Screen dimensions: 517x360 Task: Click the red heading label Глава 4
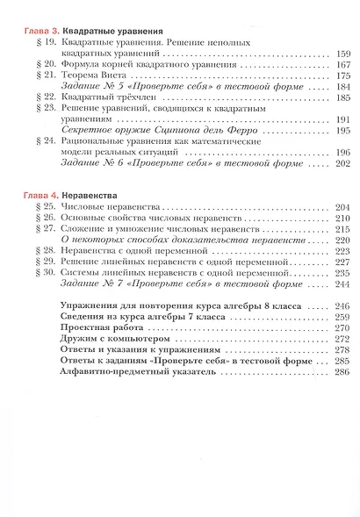pos(38,193)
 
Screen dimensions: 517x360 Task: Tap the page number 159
pos(342,54)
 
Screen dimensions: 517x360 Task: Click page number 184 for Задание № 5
pos(342,88)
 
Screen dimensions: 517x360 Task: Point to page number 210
pos(342,217)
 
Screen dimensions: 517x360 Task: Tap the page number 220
pos(342,240)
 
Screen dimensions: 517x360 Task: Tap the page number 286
pos(342,371)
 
